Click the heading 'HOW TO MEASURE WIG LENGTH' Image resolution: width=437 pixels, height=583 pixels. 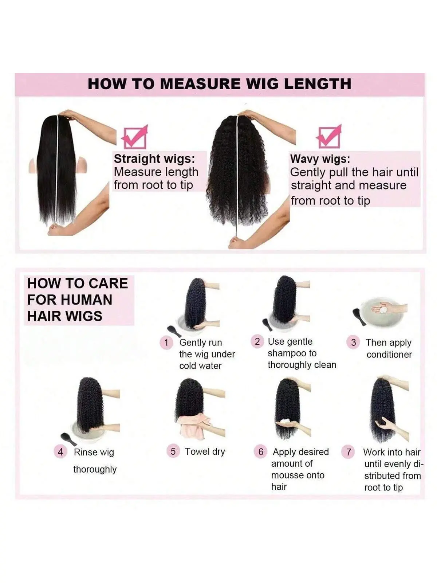coord(220,84)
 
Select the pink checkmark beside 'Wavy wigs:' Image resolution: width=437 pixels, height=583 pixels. coord(329,137)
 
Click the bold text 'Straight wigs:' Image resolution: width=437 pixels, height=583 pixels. coord(154,159)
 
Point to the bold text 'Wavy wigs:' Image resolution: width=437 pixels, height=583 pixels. coord(320,159)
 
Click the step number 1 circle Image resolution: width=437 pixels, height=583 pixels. coord(166,343)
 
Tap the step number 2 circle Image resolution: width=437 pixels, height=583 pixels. coord(257,341)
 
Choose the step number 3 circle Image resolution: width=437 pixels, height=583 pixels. coord(353,343)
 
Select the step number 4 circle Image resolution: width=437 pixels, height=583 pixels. coord(60,452)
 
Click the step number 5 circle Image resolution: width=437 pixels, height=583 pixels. coord(173,451)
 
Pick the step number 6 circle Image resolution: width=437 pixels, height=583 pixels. coord(261,451)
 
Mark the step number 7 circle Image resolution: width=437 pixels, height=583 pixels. coord(349,451)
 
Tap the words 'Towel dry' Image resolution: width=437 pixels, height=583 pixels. coord(205,451)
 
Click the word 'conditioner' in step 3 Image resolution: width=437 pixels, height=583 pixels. coord(389,354)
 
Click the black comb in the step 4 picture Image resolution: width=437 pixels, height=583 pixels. coord(68,439)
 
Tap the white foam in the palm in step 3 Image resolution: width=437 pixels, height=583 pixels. coord(381,309)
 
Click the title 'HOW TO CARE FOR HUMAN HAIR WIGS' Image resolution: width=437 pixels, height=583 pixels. coord(78,300)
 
